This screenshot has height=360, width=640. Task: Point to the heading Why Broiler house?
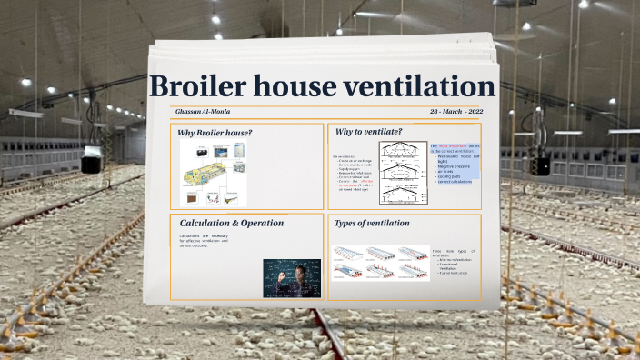pos(215,134)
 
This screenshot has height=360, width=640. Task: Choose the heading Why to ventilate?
pos(368,133)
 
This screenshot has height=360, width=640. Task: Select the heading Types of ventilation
pos(372,223)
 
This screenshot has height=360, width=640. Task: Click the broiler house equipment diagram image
pos(215,174)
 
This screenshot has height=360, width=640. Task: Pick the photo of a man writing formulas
pos(292,277)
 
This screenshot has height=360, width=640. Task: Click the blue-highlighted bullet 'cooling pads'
pos(452,175)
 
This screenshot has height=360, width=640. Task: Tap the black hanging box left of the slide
pos(91,164)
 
